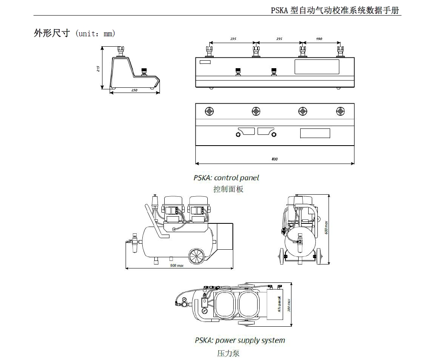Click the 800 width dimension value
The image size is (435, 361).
[x=274, y=159]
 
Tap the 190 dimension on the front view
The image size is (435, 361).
[x=319, y=39]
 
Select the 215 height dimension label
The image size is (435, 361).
[x=98, y=69]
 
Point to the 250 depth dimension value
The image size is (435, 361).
[x=134, y=91]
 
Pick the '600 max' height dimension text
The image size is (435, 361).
[x=326, y=227]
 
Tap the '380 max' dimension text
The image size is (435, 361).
[x=289, y=305]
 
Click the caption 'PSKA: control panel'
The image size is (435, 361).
[x=226, y=178]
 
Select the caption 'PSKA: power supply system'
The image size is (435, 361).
[x=240, y=340]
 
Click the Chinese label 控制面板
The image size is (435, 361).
[x=228, y=189]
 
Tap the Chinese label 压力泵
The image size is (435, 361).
[x=228, y=353]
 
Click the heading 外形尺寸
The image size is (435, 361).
[x=52, y=34]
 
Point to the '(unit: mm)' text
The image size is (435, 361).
[x=95, y=34]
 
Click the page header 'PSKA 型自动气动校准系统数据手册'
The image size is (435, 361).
[x=335, y=11]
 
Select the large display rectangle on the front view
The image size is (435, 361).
[x=317, y=67]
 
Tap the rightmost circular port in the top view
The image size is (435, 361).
[x=340, y=111]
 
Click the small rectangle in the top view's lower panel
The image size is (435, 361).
[x=315, y=133]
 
